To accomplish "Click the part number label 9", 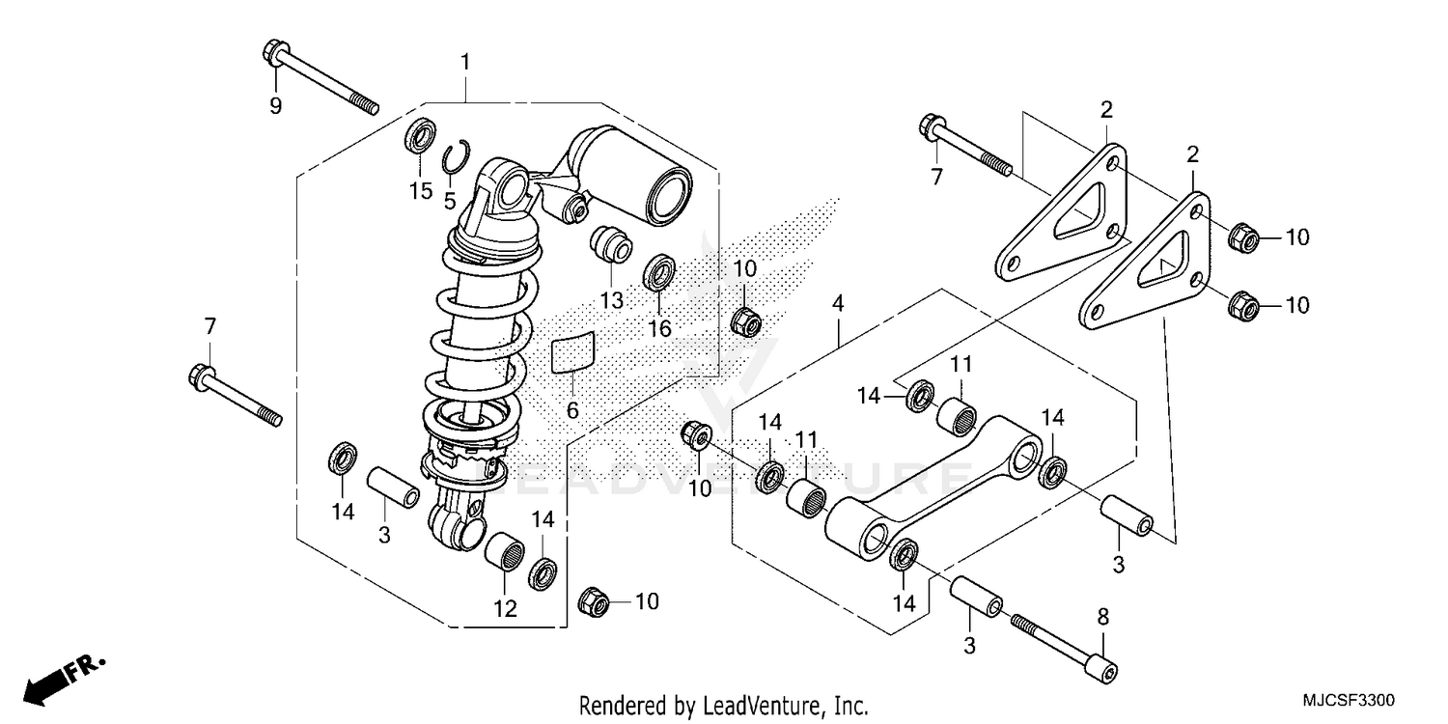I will [275, 106].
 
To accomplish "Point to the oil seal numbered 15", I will [419, 136].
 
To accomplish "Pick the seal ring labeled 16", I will [659, 272].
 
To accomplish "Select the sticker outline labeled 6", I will [572, 352].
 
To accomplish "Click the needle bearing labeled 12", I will [507, 555].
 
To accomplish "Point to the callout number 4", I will [839, 304].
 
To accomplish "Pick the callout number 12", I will [505, 609].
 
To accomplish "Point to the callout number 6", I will [572, 411].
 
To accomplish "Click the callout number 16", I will [659, 329].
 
